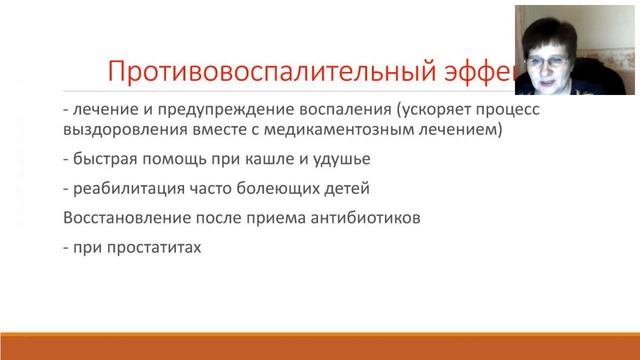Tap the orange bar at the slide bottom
[320, 350]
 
